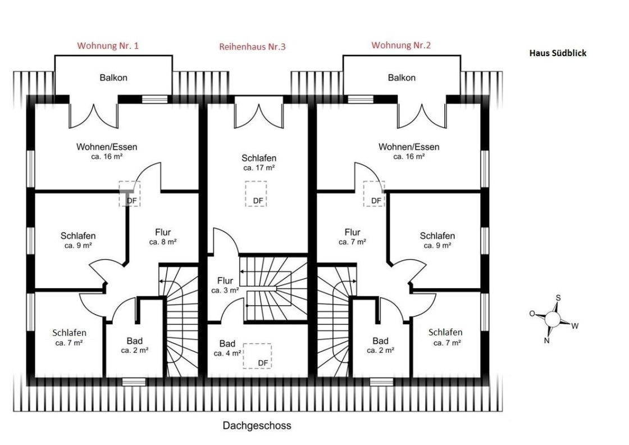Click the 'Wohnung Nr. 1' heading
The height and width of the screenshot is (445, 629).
[x=108, y=46]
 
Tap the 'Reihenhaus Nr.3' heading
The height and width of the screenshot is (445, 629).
[x=252, y=47]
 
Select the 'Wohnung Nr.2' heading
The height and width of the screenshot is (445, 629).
[x=401, y=46]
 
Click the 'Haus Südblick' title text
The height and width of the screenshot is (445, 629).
[x=558, y=53]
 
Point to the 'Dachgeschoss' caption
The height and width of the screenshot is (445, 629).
[x=257, y=425]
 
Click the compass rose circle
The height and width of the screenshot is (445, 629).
[x=553, y=319]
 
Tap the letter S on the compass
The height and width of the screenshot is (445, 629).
[x=558, y=298]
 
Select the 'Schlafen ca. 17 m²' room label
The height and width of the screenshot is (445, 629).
[x=259, y=162]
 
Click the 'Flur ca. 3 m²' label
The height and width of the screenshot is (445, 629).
[x=225, y=285]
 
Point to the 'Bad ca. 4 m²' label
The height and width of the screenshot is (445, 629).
[x=227, y=348]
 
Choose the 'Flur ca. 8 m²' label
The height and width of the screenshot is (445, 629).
[x=163, y=237]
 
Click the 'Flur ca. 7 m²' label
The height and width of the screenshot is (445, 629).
[x=352, y=237]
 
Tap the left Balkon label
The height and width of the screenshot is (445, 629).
[x=113, y=78]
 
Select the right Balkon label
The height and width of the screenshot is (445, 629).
[x=402, y=78]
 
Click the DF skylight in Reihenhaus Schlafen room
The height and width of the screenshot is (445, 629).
[x=256, y=194]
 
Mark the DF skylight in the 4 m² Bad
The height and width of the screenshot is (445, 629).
[x=257, y=356]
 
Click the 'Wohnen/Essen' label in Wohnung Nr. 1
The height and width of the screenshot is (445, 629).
[x=107, y=151]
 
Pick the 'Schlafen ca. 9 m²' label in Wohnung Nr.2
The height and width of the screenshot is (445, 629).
[x=437, y=240]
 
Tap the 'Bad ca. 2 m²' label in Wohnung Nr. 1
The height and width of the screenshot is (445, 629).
[x=135, y=346]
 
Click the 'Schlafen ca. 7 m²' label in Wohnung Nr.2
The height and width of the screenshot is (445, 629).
[x=446, y=337]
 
